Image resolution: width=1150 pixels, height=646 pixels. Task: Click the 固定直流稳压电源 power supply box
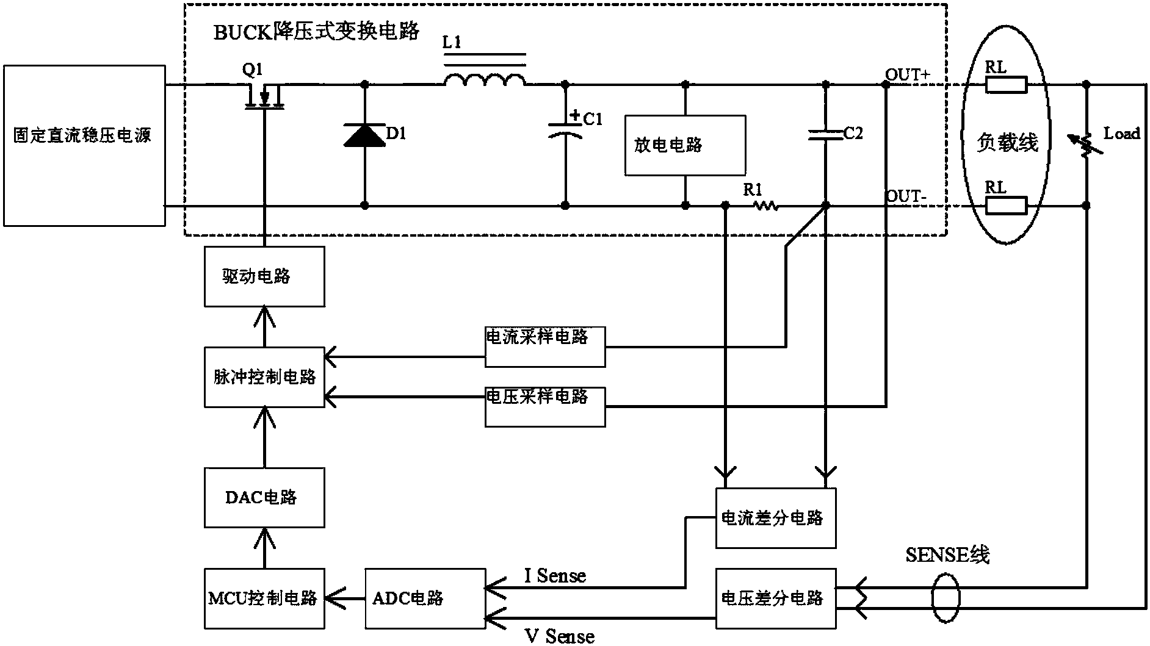[x=84, y=146]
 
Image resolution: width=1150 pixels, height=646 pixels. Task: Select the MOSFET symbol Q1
[x=264, y=98]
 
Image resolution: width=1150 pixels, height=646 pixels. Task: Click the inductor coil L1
[x=485, y=81]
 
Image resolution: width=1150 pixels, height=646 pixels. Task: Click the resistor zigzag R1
[x=765, y=206]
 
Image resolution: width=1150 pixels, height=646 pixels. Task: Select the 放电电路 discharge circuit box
[x=685, y=145]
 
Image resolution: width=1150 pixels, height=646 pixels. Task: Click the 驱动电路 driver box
[x=264, y=276]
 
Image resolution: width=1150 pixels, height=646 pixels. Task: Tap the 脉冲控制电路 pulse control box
[x=264, y=377]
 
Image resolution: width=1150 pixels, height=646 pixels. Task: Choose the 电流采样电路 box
[x=545, y=346]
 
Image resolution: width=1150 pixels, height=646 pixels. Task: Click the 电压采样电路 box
[x=545, y=406]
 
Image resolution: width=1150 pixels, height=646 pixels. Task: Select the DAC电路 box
[x=264, y=497]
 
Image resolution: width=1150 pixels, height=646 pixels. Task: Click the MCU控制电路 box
[x=264, y=598]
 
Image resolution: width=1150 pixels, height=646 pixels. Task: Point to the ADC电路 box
[x=425, y=598]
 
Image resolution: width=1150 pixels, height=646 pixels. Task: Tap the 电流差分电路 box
[x=775, y=518]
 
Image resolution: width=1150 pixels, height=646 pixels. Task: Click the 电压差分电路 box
[x=775, y=598]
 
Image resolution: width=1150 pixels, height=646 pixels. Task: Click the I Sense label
[x=555, y=575]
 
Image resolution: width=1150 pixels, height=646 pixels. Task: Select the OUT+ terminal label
[x=908, y=74]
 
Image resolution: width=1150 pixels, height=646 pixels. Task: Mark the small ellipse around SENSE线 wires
[x=946, y=598]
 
